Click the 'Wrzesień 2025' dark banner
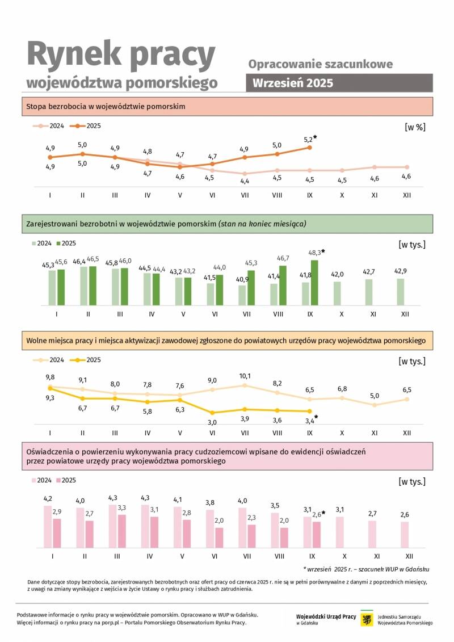pos(339,82)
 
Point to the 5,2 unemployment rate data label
pos(308,139)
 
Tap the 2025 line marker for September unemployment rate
pos(310,147)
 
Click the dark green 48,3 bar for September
pos(314,283)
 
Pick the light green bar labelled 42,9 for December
pos(401,292)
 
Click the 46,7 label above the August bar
pos(282,258)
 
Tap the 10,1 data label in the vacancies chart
pos(245,376)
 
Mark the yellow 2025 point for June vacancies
pos(212,413)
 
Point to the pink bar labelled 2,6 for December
pos(405,535)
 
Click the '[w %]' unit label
pos(415,127)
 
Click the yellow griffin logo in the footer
pos(367,619)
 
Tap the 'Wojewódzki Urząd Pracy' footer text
pos(326,616)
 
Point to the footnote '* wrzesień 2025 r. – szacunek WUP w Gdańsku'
pos(366,569)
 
